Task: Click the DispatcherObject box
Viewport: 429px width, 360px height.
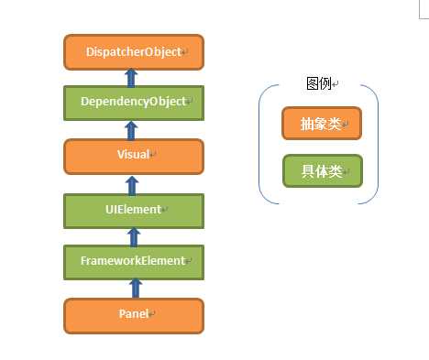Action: pos(133,52)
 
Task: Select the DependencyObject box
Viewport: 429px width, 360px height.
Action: pos(133,101)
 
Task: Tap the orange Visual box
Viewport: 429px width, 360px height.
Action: pos(133,156)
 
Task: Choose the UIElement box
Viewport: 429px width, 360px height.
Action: pos(133,210)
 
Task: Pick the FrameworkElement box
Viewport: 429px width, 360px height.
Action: pos(133,261)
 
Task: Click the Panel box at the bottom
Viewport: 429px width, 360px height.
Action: pos(133,314)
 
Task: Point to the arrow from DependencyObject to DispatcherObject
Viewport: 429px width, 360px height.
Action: pos(133,77)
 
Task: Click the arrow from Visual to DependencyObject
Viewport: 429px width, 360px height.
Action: pos(133,128)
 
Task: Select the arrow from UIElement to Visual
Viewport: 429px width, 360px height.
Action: pos(133,182)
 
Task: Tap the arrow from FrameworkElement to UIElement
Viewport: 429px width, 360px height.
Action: pos(133,235)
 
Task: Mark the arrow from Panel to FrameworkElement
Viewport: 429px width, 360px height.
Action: pos(133,288)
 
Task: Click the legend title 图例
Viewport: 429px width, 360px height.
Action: pos(320,84)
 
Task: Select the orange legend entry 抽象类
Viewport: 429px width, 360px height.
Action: pos(321,125)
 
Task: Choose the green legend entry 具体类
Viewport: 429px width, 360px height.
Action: pos(322,172)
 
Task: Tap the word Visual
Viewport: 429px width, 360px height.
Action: pos(131,156)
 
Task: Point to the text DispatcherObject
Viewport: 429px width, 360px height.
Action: pos(131,52)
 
